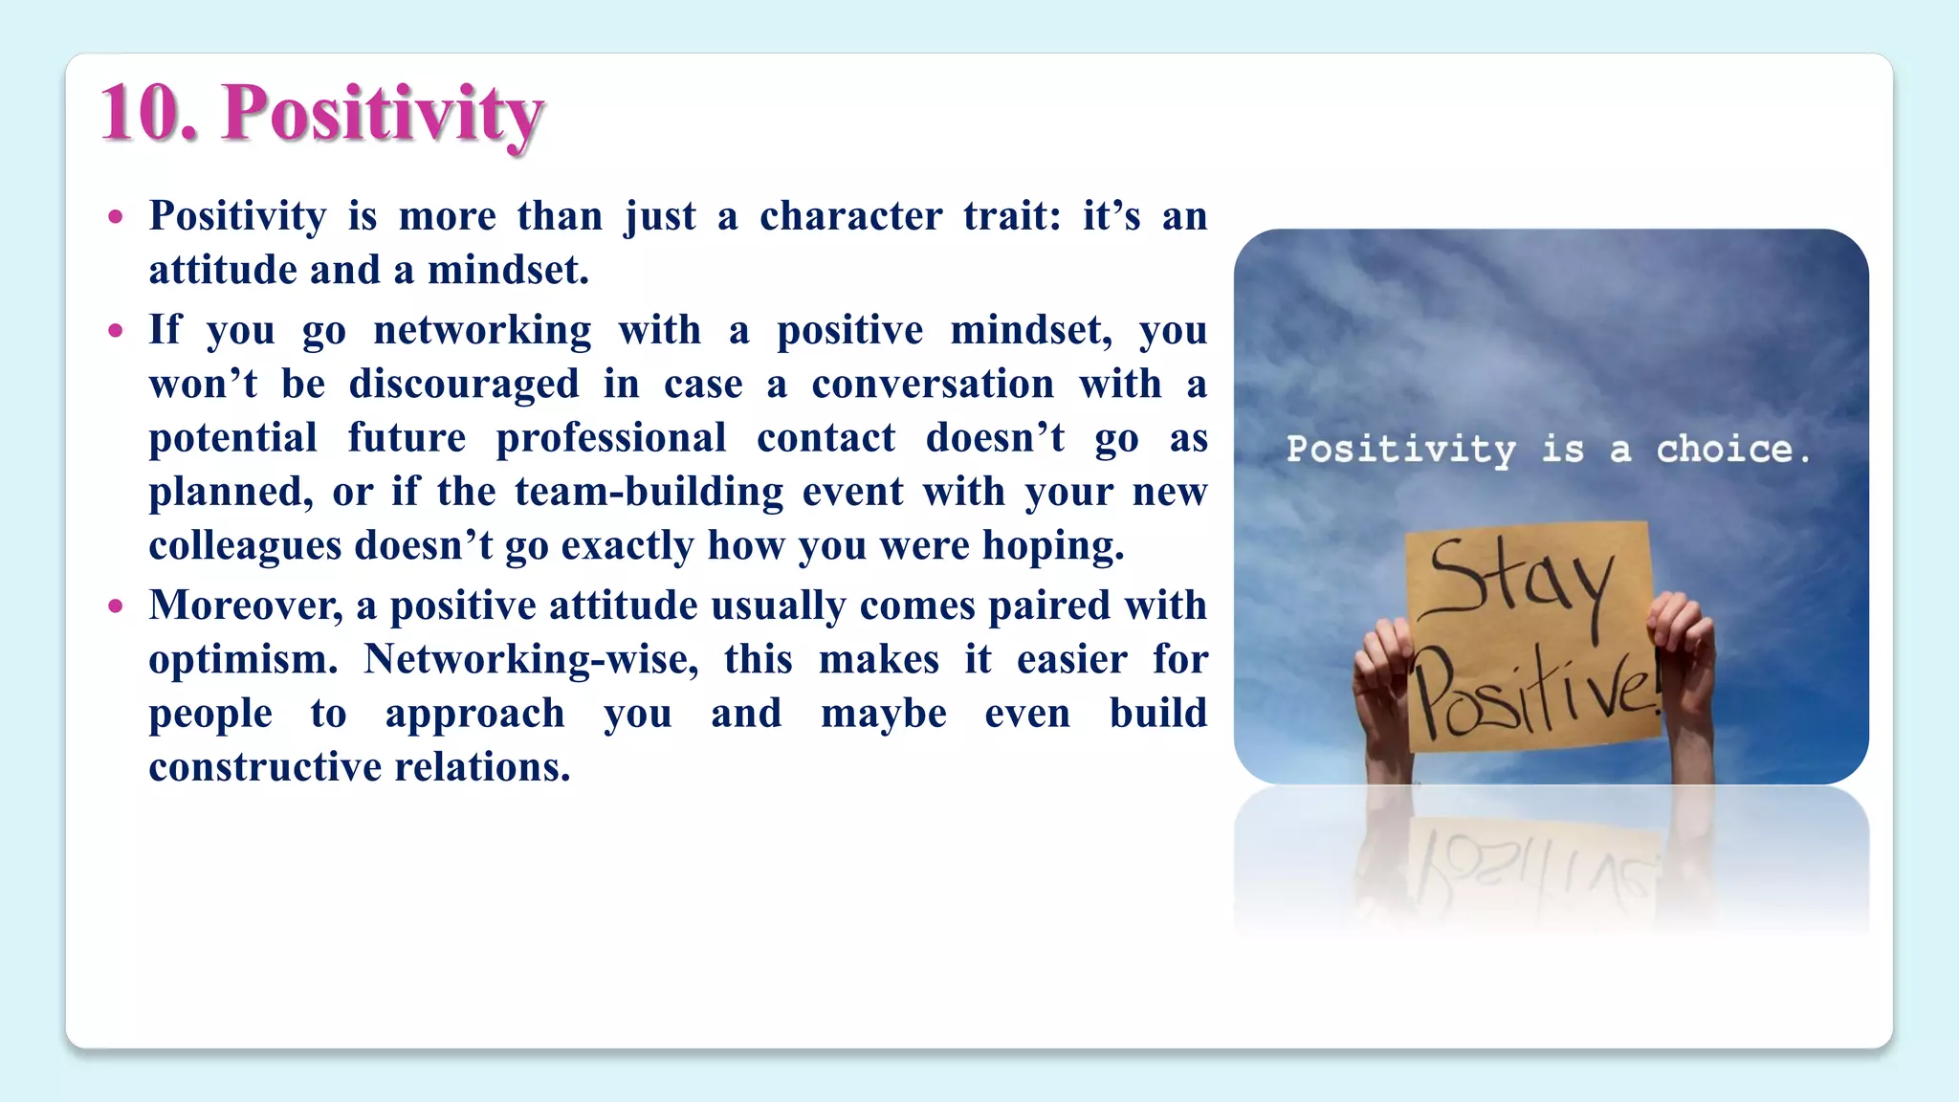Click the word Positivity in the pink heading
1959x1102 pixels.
[x=383, y=116]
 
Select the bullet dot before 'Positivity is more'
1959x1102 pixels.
[x=116, y=217]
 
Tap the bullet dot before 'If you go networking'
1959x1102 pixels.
[x=116, y=332]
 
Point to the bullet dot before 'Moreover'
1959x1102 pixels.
[x=116, y=606]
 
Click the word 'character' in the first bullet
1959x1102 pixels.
[x=850, y=216]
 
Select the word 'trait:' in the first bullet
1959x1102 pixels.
[x=1011, y=216]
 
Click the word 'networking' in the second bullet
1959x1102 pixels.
[x=482, y=331]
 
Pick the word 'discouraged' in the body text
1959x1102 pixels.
[x=464, y=385]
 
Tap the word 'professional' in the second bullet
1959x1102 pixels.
[x=611, y=438]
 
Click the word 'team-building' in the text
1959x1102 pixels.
[x=649, y=492]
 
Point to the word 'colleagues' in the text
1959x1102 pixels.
[x=245, y=546]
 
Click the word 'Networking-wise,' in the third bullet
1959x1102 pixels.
[x=531, y=660]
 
